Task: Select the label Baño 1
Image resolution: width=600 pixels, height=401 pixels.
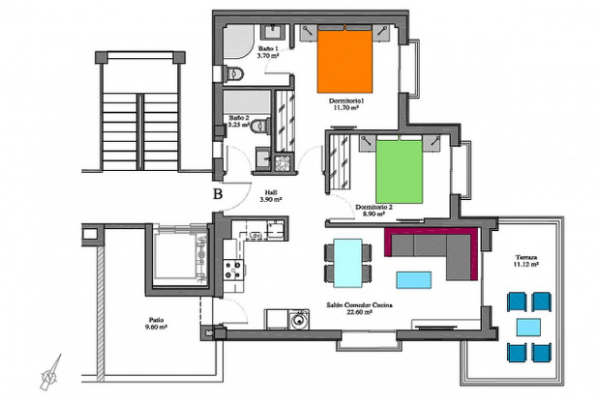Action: pyautogui.click(x=268, y=48)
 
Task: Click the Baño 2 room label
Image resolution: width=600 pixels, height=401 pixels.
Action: pyautogui.click(x=241, y=119)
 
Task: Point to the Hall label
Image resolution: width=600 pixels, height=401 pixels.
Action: pyautogui.click(x=271, y=191)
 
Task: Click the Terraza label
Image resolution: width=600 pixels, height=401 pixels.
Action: pyautogui.click(x=526, y=258)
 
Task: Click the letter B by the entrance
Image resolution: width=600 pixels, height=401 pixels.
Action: pyautogui.click(x=218, y=193)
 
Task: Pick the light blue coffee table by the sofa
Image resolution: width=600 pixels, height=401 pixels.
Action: pyautogui.click(x=415, y=280)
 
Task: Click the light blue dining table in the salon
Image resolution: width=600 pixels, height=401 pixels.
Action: pyautogui.click(x=345, y=263)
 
